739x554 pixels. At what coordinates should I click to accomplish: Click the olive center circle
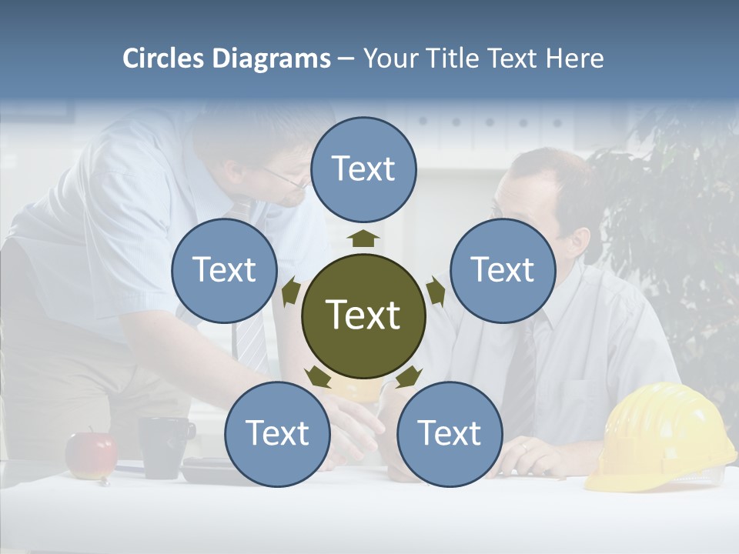pyautogui.click(x=363, y=315)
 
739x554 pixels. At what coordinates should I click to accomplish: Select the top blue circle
pyautogui.click(x=363, y=169)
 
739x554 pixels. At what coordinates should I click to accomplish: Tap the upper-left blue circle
pyautogui.click(x=224, y=270)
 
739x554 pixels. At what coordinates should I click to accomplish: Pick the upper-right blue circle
pyautogui.click(x=503, y=270)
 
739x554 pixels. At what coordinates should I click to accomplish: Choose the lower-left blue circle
pyautogui.click(x=277, y=434)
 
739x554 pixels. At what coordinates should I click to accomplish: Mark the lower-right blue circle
pyautogui.click(x=450, y=434)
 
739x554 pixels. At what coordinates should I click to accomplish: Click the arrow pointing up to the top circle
pyautogui.click(x=363, y=238)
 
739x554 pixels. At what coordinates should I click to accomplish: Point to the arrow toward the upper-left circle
pyautogui.click(x=291, y=292)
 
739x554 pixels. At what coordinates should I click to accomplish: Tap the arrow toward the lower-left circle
pyautogui.click(x=318, y=376)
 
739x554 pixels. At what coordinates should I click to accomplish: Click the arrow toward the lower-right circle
pyautogui.click(x=409, y=376)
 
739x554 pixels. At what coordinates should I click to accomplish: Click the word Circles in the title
pyautogui.click(x=163, y=58)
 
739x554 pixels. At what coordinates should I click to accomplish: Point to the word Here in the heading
pyautogui.click(x=575, y=58)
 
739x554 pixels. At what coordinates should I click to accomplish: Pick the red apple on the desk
pyautogui.click(x=91, y=456)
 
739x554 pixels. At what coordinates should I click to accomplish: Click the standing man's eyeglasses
pyautogui.click(x=289, y=179)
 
